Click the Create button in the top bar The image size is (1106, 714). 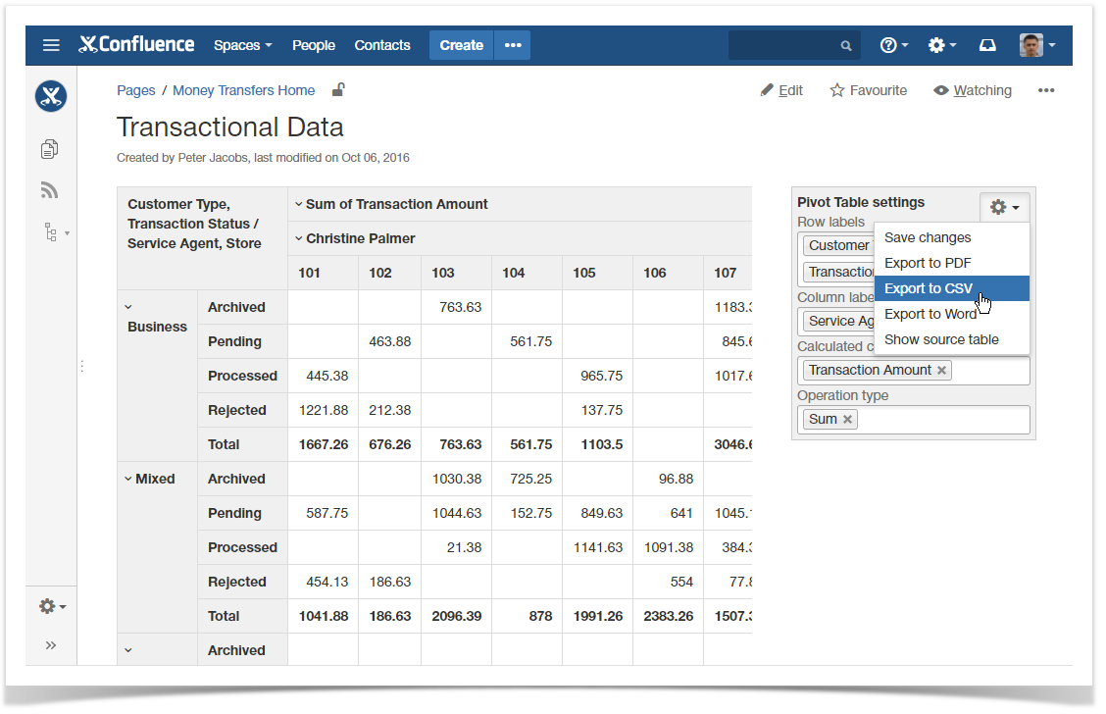[x=461, y=45]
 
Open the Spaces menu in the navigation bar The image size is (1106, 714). [x=242, y=45]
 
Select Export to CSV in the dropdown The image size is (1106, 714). [x=928, y=288]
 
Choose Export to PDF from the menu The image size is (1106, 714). [x=928, y=263]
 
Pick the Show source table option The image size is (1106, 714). [x=941, y=339]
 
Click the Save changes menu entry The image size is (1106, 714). [x=928, y=237]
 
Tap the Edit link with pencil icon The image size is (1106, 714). [x=781, y=90]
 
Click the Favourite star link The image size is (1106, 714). [x=868, y=90]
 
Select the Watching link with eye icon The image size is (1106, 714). [x=972, y=90]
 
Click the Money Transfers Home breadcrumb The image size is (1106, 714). [x=244, y=90]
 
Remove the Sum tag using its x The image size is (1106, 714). [x=848, y=419]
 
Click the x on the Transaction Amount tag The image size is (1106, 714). [x=941, y=370]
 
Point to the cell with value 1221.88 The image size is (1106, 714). [x=324, y=410]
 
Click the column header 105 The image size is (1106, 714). [x=584, y=273]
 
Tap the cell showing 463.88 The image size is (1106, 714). [x=390, y=341]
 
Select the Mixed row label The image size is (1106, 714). [x=155, y=479]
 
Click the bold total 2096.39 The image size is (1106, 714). [x=456, y=616]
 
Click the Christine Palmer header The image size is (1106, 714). [x=360, y=238]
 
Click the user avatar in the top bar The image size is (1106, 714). [x=1031, y=45]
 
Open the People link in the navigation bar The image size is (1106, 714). [x=314, y=45]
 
